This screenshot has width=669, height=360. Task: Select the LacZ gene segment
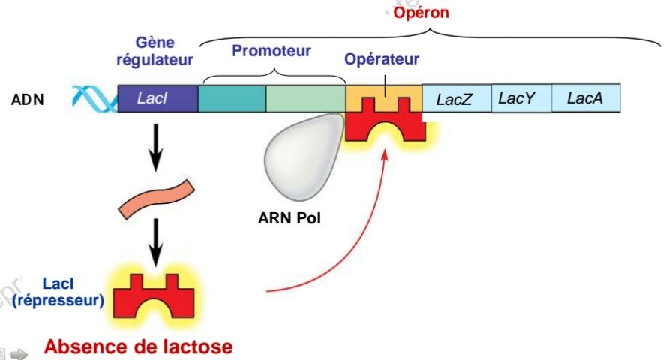click(x=457, y=99)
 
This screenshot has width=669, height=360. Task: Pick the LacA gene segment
click(x=586, y=97)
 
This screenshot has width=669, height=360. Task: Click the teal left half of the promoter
click(x=232, y=99)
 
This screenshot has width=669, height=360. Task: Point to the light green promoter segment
click(x=305, y=99)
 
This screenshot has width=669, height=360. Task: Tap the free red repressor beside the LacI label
click(x=157, y=296)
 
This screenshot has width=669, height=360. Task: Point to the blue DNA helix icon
click(x=94, y=98)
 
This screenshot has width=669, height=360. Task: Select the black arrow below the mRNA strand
click(x=156, y=242)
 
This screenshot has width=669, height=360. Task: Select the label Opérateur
click(x=382, y=59)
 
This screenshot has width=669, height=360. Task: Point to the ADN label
click(x=28, y=99)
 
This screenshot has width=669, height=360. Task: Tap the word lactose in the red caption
click(x=193, y=347)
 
